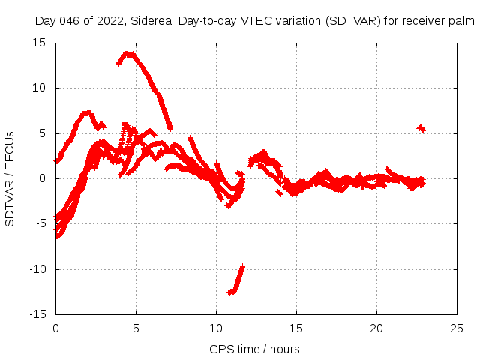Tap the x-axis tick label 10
point(216,328)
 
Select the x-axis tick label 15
point(296,328)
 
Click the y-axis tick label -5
point(42,224)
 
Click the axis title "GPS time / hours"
point(255,349)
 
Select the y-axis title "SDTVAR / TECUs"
point(10,178)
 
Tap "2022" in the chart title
point(111,22)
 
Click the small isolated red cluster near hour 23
point(421,129)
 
